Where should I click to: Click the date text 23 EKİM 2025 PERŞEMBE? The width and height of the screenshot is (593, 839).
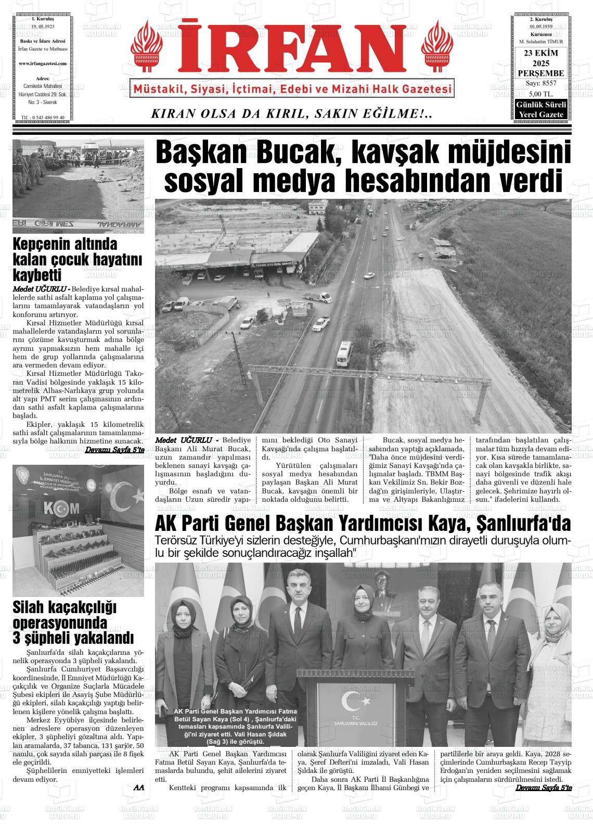pyautogui.click(x=540, y=63)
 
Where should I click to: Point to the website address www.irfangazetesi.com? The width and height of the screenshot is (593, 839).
pyautogui.click(x=42, y=63)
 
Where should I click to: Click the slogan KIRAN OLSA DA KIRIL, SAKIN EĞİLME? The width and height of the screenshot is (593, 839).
pyautogui.click(x=291, y=114)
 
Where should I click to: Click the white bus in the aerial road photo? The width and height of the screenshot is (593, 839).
pyautogui.click(x=344, y=353)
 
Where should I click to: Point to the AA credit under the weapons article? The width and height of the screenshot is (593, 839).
pyautogui.click(x=138, y=788)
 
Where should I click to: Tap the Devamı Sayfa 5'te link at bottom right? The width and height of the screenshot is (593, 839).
pyautogui.click(x=544, y=788)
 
